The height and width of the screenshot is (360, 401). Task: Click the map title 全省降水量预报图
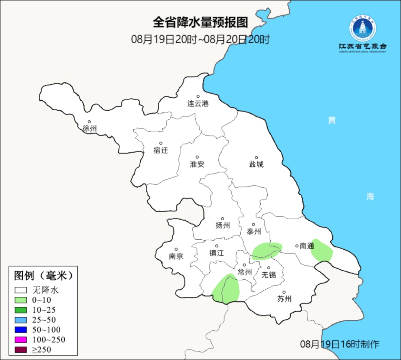200,22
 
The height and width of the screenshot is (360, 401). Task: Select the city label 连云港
198,104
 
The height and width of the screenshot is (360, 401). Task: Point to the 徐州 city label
89,129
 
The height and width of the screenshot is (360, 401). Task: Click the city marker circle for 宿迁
161,143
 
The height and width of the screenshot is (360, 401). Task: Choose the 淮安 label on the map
197,164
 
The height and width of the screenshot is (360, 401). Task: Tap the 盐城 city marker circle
256,158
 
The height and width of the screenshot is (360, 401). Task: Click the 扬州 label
222,225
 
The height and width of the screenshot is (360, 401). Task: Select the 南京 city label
176,256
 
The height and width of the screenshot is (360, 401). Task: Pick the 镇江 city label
216,253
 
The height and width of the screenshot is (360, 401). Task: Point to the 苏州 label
284,299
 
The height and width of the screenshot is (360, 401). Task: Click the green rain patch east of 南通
322,250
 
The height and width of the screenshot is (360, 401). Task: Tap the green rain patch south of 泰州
267,251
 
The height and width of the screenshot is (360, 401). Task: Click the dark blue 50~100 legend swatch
21,330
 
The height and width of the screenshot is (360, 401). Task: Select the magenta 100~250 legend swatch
21,340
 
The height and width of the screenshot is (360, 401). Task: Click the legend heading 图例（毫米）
42,275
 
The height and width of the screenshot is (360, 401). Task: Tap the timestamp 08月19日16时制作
340,344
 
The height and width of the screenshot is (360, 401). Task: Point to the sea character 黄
332,120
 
